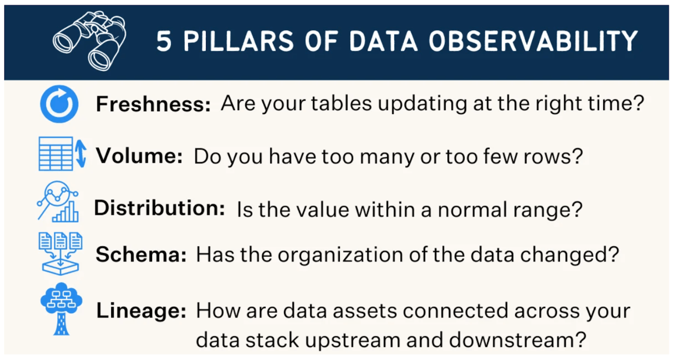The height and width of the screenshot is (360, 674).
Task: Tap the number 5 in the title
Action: (x=164, y=41)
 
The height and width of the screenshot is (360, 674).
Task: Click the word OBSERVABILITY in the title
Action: (x=533, y=41)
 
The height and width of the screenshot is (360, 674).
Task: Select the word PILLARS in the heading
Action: (x=238, y=41)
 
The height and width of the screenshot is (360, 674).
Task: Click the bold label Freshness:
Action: (x=153, y=104)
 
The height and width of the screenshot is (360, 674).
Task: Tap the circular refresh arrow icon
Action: (x=59, y=104)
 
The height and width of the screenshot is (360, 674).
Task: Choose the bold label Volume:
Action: (x=139, y=156)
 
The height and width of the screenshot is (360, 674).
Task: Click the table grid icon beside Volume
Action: (x=56, y=154)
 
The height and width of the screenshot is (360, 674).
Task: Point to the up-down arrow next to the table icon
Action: (x=81, y=154)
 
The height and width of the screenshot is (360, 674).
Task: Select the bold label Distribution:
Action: (x=159, y=208)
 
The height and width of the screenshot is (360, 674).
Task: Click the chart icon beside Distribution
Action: (x=58, y=202)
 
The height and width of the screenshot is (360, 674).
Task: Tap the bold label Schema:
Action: (x=141, y=255)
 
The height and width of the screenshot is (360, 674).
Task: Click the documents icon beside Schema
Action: (x=61, y=254)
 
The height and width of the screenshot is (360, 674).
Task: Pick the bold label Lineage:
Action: (x=141, y=310)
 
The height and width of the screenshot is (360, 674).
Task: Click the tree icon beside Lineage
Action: (x=62, y=309)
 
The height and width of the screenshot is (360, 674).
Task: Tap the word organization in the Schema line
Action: (x=340, y=256)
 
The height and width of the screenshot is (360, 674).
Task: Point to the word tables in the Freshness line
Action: (x=341, y=103)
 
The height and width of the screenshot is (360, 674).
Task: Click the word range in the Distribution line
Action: (x=541, y=210)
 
